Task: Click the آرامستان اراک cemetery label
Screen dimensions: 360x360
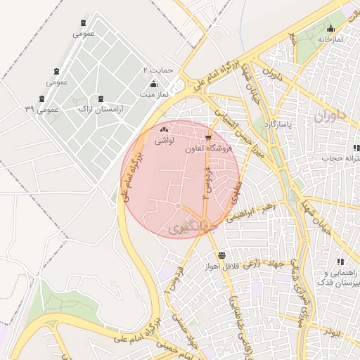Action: tap(100, 109)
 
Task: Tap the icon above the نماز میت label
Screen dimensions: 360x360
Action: tap(153, 84)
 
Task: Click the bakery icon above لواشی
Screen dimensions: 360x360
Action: tap(164, 129)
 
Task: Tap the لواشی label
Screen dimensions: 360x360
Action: tap(164, 140)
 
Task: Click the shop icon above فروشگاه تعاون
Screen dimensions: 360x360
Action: tap(207, 138)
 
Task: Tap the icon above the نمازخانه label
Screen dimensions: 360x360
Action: tap(330, 29)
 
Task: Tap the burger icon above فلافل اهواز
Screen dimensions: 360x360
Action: tap(222, 255)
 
